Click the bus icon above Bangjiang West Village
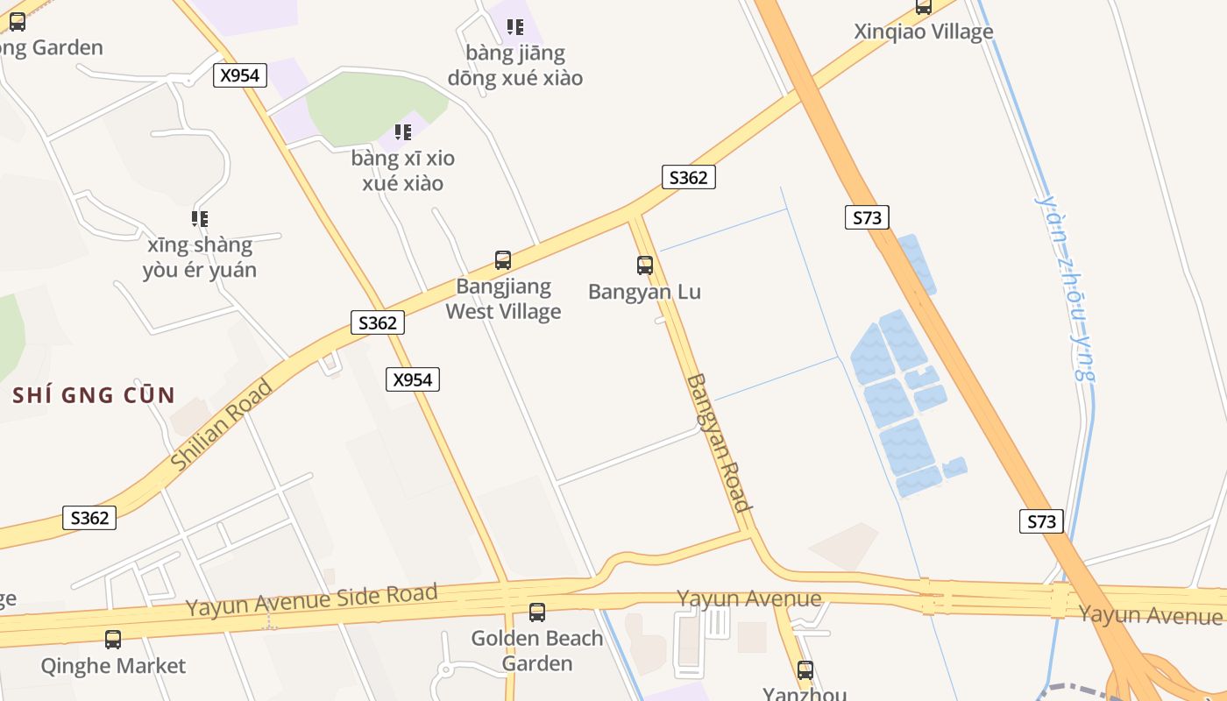coord(503,260)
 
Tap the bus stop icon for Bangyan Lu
coord(645,265)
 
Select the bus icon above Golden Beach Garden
coord(537,612)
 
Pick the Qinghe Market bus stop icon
coord(113,640)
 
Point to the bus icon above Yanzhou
coord(805,670)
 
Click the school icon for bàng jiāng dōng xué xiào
coord(515,27)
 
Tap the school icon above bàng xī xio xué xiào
coord(403,132)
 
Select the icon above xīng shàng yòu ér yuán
coord(200,218)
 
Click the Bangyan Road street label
coord(719,443)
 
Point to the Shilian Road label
coord(221,425)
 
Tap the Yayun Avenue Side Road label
coord(311,600)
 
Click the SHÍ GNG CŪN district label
coord(94,395)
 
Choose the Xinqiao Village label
coord(924,32)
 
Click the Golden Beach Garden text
coord(537,650)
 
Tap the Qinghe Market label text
coord(113,666)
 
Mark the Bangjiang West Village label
coord(503,299)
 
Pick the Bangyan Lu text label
coord(645,292)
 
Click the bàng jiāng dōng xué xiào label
coord(515,66)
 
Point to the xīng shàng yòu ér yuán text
coord(200,257)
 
